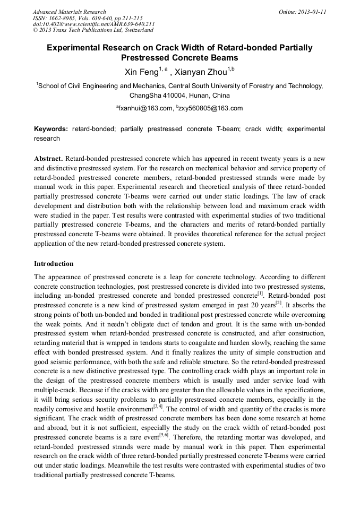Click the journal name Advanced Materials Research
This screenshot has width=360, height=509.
click(69, 12)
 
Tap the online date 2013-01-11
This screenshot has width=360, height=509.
click(310, 12)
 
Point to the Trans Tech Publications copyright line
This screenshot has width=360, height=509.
click(93, 30)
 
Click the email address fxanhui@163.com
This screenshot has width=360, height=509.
click(147, 108)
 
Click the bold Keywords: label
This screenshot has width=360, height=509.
click(51, 129)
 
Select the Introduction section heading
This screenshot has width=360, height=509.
click(54, 264)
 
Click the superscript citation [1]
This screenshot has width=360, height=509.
click(260, 294)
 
